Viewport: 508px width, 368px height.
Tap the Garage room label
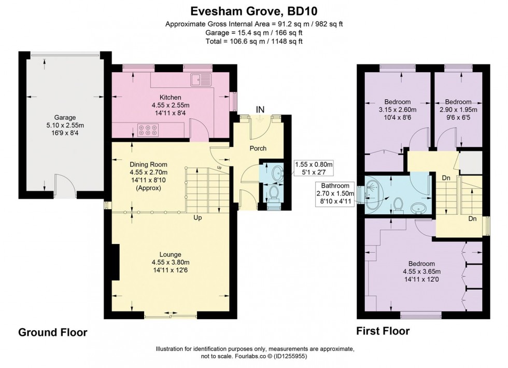pyautogui.click(x=65, y=117)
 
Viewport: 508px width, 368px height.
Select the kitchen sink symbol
pyautogui.click(x=200, y=80)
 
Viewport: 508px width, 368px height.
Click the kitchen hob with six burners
pyautogui.click(x=149, y=129)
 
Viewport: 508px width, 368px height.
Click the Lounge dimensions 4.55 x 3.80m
pyautogui.click(x=170, y=262)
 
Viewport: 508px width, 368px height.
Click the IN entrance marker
pyautogui.click(x=260, y=109)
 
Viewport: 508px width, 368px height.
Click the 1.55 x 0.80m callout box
pyautogui.click(x=313, y=168)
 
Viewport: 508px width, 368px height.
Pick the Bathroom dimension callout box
pyautogui.click(x=335, y=191)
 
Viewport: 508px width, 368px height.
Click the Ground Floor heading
pyautogui.click(x=53, y=332)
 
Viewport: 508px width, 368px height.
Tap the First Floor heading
pyautogui.click(x=383, y=331)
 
